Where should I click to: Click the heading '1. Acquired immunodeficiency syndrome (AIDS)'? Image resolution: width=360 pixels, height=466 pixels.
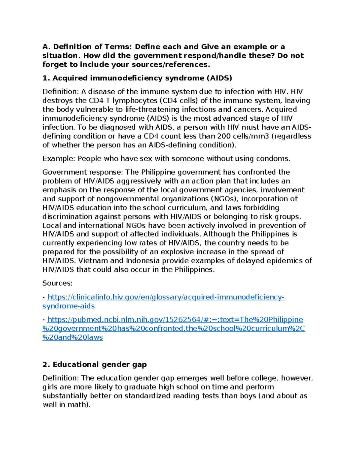tap(137, 78)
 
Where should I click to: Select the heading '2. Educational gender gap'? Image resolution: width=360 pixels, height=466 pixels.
tap(94, 365)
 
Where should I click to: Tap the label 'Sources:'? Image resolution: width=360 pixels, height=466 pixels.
tap(57, 283)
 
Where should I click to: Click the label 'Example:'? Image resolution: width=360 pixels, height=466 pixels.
tap(59, 159)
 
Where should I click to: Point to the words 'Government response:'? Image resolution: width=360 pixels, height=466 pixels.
tap(82, 172)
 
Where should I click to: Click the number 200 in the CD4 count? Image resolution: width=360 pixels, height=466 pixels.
tap(224, 136)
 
